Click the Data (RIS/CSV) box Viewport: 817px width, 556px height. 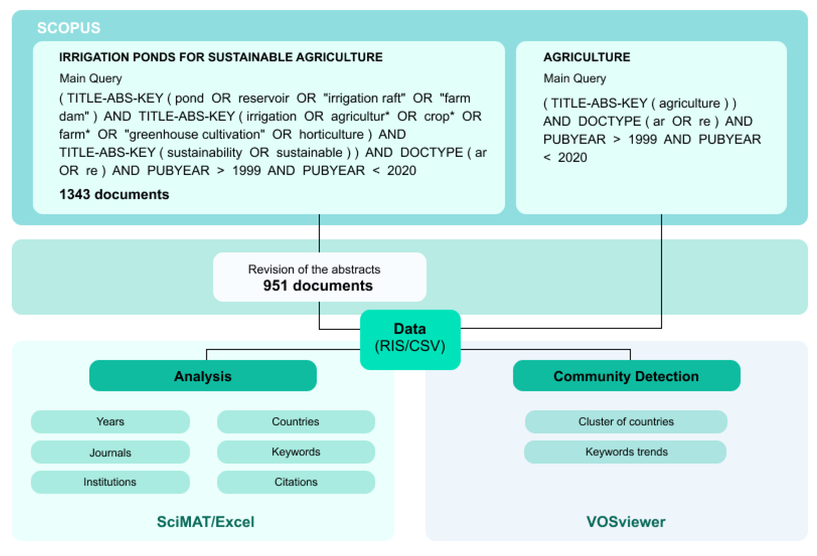[x=410, y=338]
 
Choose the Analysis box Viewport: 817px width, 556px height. [x=203, y=376]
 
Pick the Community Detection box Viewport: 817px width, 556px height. [x=626, y=376]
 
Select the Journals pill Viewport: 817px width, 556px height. [x=110, y=452]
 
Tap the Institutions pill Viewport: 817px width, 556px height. [x=110, y=482]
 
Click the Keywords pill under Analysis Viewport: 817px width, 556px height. [x=296, y=452]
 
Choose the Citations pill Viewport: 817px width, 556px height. [x=296, y=482]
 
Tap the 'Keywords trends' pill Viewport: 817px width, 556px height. [x=626, y=452]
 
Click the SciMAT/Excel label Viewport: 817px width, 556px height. [x=205, y=521]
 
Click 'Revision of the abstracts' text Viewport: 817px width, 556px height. [x=314, y=269]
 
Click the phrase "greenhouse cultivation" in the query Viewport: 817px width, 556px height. [x=194, y=134]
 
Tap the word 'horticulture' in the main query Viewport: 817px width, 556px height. [x=331, y=134]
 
